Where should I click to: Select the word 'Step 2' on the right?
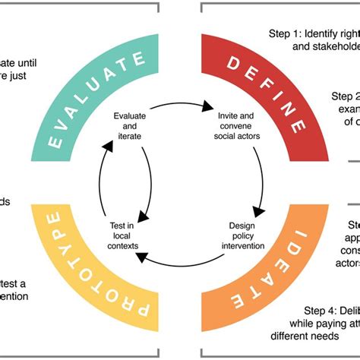point(346,96)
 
